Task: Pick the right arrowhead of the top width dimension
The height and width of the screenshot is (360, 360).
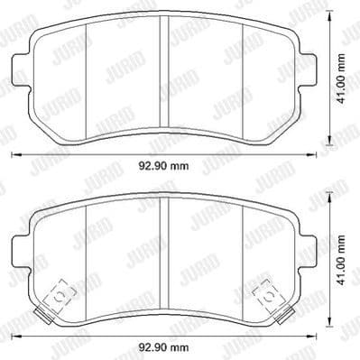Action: (318, 156)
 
